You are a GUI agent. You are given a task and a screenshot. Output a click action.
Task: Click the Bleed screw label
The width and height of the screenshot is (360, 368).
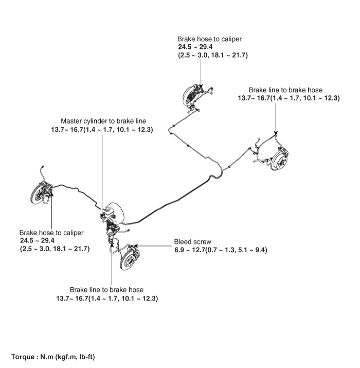193,242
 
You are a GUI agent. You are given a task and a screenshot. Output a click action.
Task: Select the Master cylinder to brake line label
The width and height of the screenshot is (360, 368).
104,121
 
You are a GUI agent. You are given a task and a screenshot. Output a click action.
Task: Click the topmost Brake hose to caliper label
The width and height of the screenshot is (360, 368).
209,39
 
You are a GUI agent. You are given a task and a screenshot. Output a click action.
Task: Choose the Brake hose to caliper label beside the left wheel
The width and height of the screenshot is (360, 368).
51,233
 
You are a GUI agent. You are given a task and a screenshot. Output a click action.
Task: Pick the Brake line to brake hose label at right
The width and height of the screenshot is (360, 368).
285,90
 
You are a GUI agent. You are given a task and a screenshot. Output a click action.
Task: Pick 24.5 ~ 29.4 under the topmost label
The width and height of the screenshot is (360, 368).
194,47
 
